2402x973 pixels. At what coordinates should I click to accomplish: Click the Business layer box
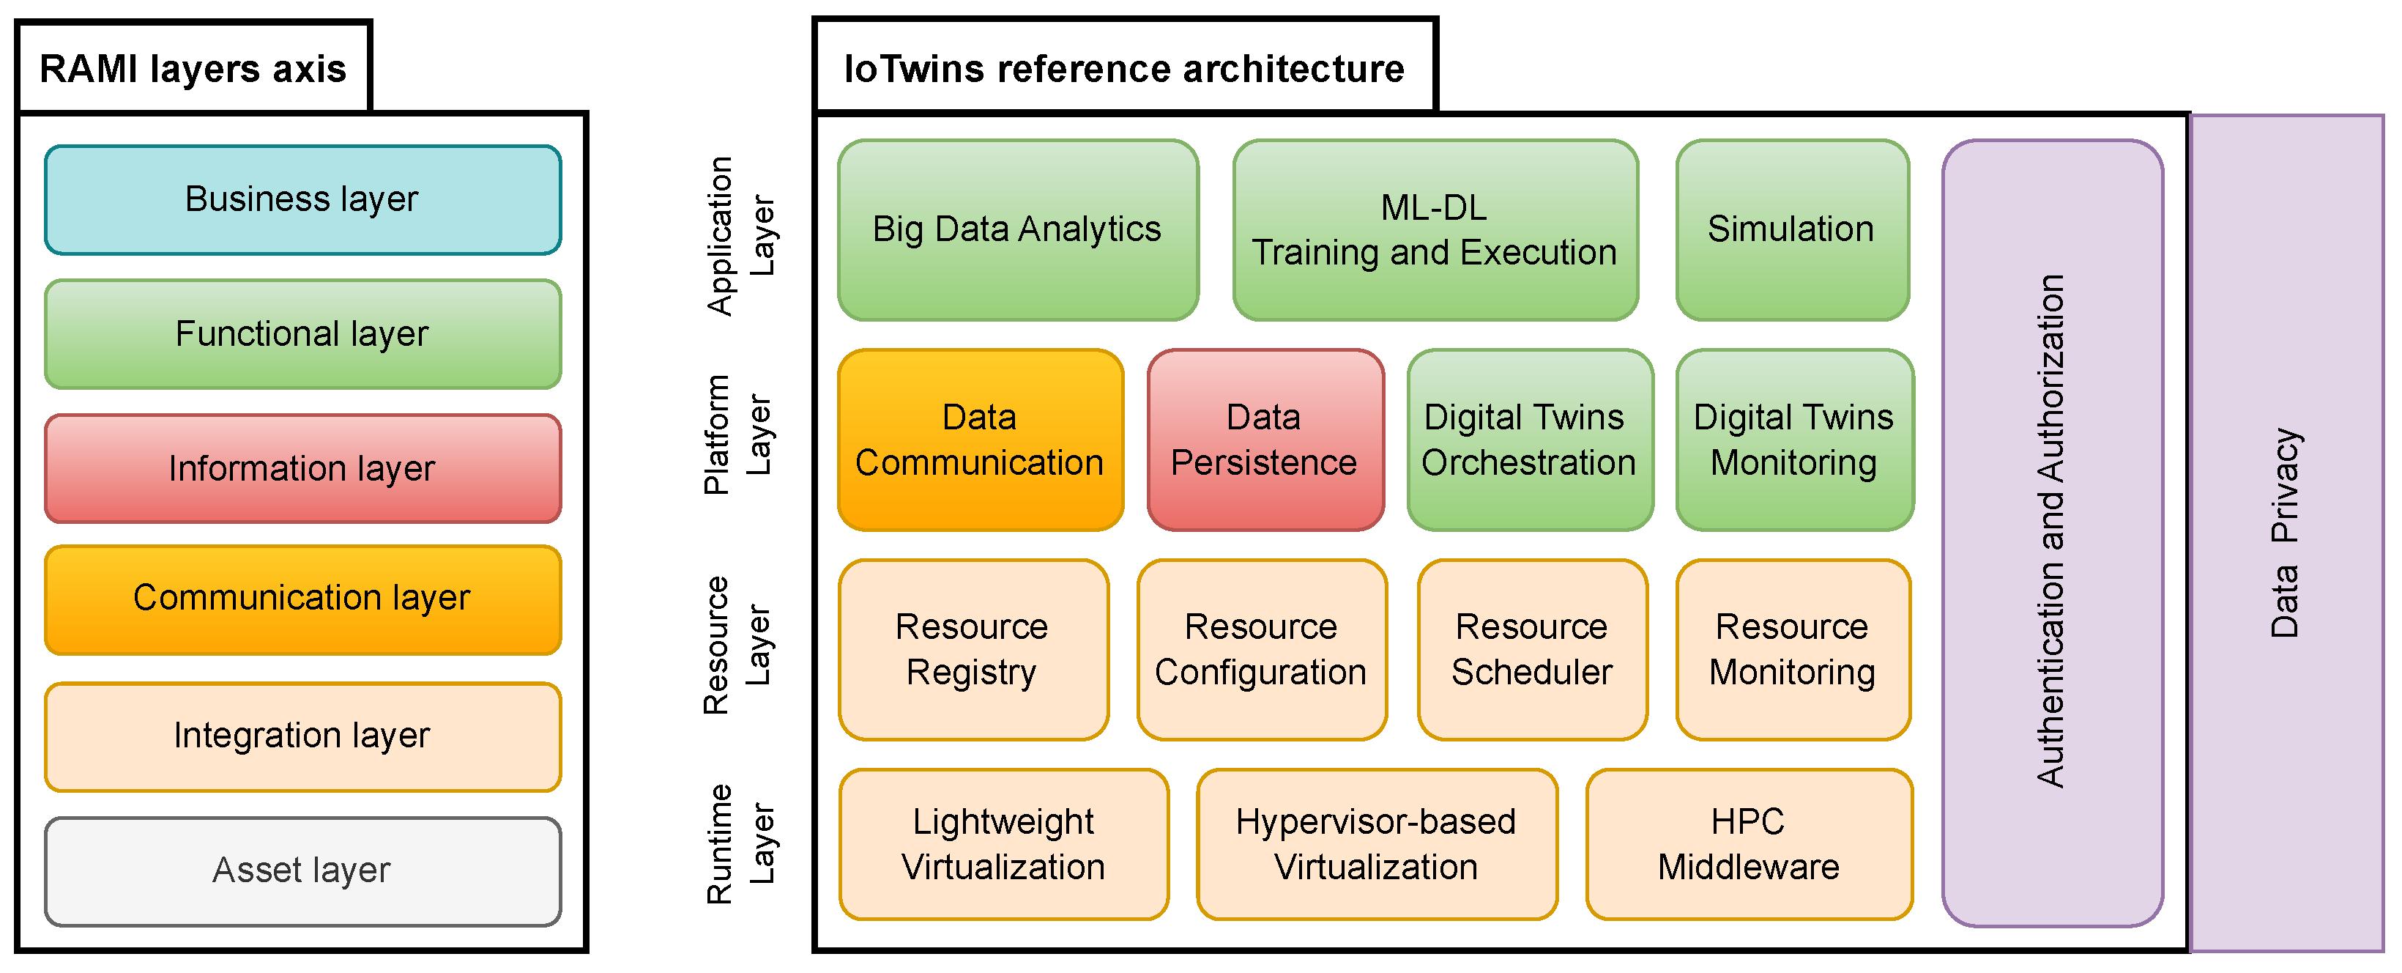click(x=302, y=199)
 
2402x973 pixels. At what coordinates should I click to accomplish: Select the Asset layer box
click(x=302, y=871)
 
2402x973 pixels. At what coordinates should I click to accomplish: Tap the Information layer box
click(x=302, y=468)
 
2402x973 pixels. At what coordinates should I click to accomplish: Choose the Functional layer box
click(x=302, y=334)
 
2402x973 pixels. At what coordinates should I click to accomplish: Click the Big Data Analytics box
click(x=1017, y=229)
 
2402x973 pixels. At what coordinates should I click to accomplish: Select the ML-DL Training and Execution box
click(x=1434, y=229)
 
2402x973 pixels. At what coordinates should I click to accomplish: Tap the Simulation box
click(x=1791, y=229)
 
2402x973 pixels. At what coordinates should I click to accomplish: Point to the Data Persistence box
click(x=1265, y=440)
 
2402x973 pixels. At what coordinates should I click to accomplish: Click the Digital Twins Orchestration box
click(x=1529, y=440)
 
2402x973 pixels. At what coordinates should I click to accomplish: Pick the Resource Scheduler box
click(x=1532, y=649)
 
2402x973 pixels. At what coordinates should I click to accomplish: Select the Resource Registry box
click(x=973, y=649)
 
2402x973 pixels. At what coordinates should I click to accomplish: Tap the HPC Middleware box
click(x=1748, y=844)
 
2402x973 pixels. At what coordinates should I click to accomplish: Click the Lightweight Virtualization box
click(x=1003, y=844)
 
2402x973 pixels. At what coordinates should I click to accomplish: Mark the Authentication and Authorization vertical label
click(x=2051, y=532)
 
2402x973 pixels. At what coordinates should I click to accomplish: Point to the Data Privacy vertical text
click(x=2285, y=532)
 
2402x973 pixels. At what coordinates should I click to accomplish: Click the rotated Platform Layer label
click(x=737, y=434)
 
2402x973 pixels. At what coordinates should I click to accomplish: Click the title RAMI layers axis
click(x=193, y=69)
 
